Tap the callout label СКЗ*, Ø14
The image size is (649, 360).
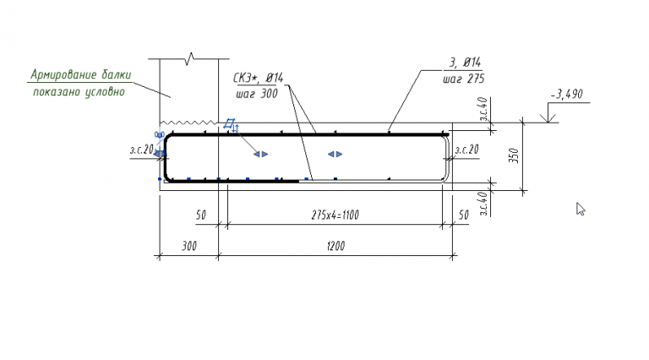(x=258, y=78)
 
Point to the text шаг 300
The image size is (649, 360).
(x=255, y=94)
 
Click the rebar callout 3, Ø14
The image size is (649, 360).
(x=461, y=63)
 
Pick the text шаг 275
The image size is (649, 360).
(x=462, y=79)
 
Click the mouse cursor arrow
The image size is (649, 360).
(x=581, y=209)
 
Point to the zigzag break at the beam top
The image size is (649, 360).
(x=193, y=58)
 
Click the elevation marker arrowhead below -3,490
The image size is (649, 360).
(x=550, y=118)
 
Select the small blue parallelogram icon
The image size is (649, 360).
(x=228, y=125)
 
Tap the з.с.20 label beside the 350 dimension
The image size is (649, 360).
(x=466, y=150)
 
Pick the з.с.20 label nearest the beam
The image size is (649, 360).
(x=140, y=150)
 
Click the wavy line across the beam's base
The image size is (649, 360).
(x=190, y=122)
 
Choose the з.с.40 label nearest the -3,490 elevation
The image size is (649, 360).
(x=483, y=111)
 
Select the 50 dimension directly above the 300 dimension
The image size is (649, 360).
(x=200, y=215)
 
